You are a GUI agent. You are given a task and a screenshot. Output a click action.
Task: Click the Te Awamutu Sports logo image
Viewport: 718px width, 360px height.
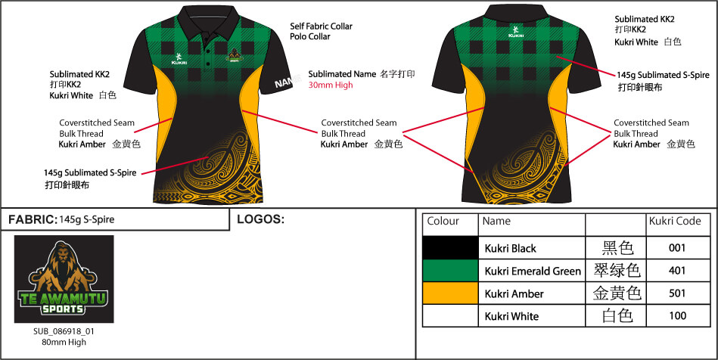point(64,279)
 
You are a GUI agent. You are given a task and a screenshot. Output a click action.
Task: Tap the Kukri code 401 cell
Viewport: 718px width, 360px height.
point(677,271)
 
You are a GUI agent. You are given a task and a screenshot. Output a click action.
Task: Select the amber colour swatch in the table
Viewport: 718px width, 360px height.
point(450,293)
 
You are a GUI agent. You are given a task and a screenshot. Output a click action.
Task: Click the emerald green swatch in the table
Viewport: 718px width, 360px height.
point(450,271)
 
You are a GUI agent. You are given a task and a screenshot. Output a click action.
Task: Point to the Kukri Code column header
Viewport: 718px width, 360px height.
point(675,222)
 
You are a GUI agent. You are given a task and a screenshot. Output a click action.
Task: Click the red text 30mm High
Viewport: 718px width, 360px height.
point(331,85)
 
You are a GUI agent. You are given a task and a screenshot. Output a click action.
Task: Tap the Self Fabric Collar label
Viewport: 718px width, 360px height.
point(322,26)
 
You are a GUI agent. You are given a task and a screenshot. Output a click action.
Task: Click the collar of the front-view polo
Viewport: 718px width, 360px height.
point(208,20)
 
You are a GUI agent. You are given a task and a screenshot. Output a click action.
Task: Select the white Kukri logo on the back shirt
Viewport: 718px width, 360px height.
point(515,32)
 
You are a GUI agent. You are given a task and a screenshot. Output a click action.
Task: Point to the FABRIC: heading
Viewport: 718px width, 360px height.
point(32,220)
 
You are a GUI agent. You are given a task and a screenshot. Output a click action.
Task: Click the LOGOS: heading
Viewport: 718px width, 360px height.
point(260,219)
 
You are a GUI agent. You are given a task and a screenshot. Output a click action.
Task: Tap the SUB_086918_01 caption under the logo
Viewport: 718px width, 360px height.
point(64,331)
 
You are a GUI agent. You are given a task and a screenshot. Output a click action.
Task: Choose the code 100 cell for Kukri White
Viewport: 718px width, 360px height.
point(677,315)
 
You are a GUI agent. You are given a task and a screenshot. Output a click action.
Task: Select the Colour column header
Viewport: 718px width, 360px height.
point(443,222)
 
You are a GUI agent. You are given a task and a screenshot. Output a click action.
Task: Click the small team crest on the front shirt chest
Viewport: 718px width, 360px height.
point(235,55)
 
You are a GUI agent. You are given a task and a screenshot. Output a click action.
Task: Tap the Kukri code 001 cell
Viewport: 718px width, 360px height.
point(677,248)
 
